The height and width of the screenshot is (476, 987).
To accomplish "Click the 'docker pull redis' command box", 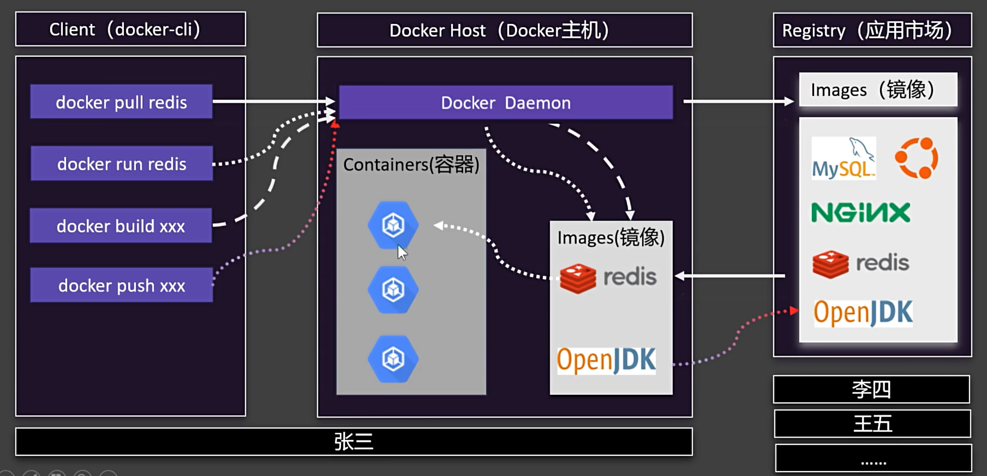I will point(121,102).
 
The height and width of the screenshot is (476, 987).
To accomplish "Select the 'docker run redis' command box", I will point(122,164).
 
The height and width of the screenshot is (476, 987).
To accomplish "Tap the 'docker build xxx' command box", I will point(121,226).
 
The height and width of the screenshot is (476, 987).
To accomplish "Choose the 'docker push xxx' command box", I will point(122,285).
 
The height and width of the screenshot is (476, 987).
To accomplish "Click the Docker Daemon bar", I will point(506,103).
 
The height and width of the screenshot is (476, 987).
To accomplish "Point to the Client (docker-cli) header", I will point(131,29).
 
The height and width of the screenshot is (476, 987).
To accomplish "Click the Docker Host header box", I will point(505,30).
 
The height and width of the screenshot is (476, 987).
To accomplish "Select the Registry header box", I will point(872,30).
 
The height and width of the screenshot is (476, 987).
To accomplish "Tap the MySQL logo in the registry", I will point(843,159).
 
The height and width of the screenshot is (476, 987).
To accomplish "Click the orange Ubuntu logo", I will point(917,158).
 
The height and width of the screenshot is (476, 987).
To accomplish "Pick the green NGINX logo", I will point(861,212).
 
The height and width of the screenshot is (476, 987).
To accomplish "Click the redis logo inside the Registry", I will point(861,264).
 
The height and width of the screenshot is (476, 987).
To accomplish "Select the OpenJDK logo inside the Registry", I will point(863,313).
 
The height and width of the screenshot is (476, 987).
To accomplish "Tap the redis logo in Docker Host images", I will point(608,278).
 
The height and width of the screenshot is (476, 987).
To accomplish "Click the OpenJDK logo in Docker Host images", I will point(606,360).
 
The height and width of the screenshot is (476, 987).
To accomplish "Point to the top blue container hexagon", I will point(393,225).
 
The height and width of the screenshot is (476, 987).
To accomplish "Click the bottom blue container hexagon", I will point(393,359).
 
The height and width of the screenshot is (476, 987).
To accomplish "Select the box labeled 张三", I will point(354,442).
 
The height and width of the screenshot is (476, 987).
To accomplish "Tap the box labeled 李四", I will point(872,389).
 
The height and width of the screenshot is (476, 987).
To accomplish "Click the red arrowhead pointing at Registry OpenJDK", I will point(794,311).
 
